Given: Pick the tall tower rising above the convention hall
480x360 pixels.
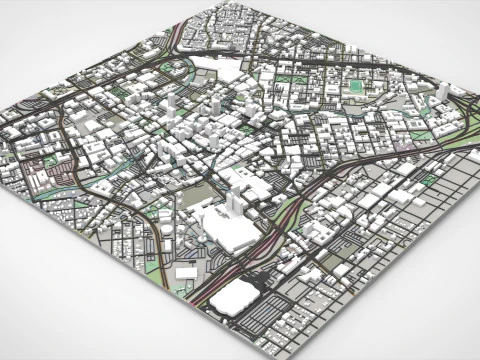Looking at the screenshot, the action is (x=232, y=201).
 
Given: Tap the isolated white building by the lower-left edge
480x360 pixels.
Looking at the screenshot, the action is (x=186, y=272).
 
